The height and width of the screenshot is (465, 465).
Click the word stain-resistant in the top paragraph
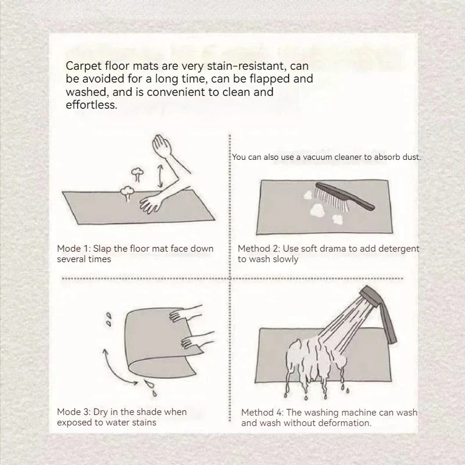246,66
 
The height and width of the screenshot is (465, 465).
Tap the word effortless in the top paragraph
91,105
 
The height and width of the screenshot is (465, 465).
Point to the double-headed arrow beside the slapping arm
160,176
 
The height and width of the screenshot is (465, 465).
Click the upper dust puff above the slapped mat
137,174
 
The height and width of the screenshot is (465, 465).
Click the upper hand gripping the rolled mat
185,313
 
